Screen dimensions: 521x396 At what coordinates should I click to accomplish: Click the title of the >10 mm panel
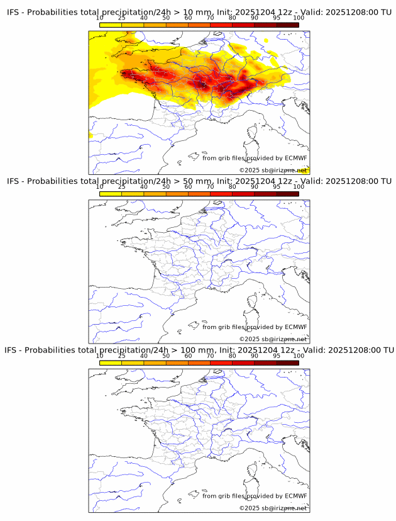pyautogui.click(x=200, y=13)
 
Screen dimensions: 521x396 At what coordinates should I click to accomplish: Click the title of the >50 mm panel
pyautogui.click(x=200, y=181)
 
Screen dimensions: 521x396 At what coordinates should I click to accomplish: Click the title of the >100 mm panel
pyautogui.click(x=200, y=350)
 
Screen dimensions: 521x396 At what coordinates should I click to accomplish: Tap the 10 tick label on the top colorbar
pyautogui.click(x=100, y=18)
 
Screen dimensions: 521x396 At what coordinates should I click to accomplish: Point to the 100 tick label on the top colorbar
pyautogui.click(x=299, y=18)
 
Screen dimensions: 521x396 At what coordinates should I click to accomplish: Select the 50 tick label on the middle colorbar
pyautogui.click(x=166, y=187)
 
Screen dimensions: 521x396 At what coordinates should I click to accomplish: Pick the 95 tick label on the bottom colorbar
pyautogui.click(x=277, y=356)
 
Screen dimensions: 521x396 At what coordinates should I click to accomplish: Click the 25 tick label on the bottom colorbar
pyautogui.click(x=122, y=356)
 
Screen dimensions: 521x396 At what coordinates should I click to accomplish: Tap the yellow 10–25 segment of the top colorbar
pyautogui.click(x=111, y=25)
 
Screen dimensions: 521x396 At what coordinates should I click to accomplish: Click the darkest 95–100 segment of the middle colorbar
pyautogui.click(x=287, y=193)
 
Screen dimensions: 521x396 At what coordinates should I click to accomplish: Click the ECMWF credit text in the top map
pyautogui.click(x=255, y=158)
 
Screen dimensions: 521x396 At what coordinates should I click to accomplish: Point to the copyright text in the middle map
pyautogui.click(x=273, y=339)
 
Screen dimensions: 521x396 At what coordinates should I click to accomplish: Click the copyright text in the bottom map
pyautogui.click(x=273, y=508)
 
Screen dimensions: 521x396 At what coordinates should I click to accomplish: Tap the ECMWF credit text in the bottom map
pyautogui.click(x=255, y=495)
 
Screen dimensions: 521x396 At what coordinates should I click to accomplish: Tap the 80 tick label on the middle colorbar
pyautogui.click(x=233, y=187)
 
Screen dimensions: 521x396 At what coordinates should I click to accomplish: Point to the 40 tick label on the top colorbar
pyautogui.click(x=144, y=18)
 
